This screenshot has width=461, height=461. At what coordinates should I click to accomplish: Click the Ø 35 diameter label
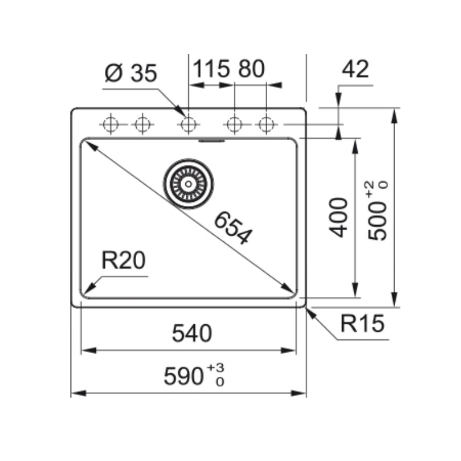pyautogui.click(x=131, y=73)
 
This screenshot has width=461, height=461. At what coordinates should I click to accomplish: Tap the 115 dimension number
pyautogui.click(x=211, y=69)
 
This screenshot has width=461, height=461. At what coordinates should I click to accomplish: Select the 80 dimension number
pyautogui.click(x=252, y=69)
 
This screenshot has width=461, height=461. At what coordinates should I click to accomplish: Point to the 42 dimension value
pyautogui.click(x=355, y=69)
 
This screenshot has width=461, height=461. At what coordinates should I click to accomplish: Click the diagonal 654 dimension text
pyautogui.click(x=233, y=228)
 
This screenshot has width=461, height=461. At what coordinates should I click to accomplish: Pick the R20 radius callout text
pyautogui.click(x=123, y=260)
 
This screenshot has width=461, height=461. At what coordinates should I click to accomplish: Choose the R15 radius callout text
pyautogui.click(x=362, y=324)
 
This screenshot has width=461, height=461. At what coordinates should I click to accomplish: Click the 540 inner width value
pyautogui.click(x=192, y=333)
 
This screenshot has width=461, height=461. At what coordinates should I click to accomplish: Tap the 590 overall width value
pyautogui.click(x=183, y=376)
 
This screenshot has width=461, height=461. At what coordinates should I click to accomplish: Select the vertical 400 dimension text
pyautogui.click(x=338, y=218)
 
